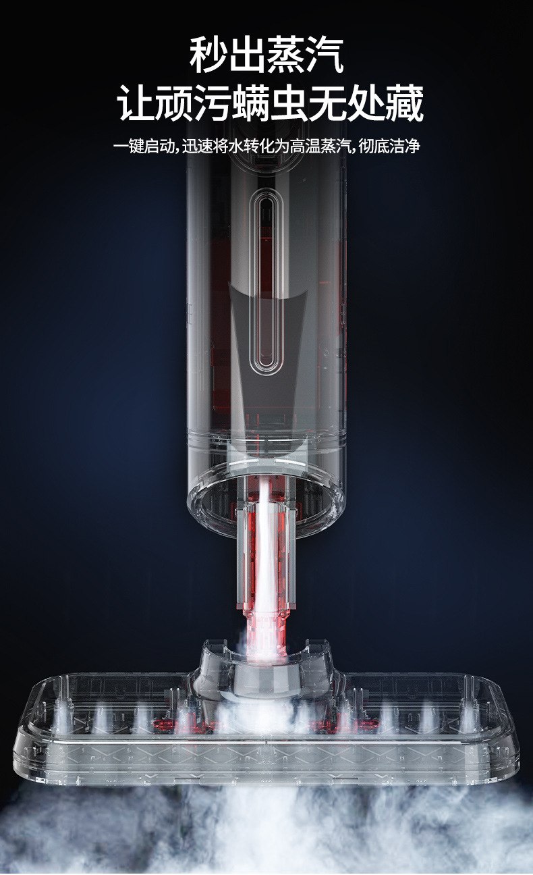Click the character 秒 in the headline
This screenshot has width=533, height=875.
(208, 55)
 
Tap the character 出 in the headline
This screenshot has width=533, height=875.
(247, 55)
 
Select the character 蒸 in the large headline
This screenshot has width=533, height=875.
(286, 55)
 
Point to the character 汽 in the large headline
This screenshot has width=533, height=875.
(325, 55)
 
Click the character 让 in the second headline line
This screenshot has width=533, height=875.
(136, 103)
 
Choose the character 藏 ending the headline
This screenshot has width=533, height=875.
(405, 103)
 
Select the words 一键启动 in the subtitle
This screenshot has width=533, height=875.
(144, 147)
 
